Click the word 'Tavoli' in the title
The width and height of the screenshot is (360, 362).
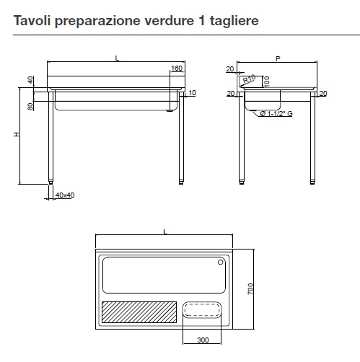32,20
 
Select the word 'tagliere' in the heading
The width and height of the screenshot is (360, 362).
234,21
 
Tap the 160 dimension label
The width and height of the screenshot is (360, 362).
177,69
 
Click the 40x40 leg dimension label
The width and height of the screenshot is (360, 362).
65,195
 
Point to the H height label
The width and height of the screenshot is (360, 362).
17,134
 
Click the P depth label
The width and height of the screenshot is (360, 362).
278,58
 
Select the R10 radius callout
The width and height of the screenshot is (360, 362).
249,79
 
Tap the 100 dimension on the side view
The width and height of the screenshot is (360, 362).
266,81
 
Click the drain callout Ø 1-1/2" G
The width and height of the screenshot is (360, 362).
276,113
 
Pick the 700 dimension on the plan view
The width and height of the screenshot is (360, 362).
250,288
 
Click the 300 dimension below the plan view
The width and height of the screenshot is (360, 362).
203,340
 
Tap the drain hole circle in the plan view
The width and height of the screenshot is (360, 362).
220,262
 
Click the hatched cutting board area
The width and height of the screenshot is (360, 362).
139,312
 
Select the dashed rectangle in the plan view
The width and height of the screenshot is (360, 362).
201,310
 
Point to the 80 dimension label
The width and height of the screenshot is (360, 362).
30,106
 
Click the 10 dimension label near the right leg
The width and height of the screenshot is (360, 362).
193,92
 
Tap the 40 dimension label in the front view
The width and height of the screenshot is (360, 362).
30,80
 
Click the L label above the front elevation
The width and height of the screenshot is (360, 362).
117,58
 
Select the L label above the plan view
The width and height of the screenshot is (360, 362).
165,231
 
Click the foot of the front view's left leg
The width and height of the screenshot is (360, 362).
51,182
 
